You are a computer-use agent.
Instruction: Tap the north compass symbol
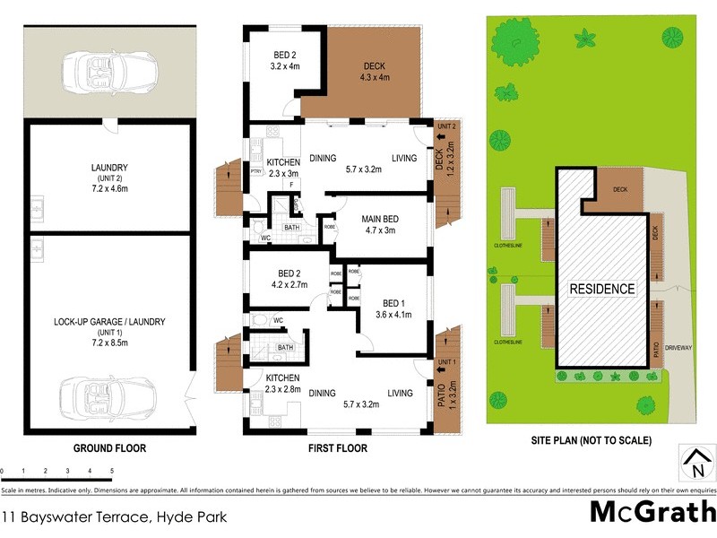coord(695,463)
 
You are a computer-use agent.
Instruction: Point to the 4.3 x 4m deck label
coord(372,71)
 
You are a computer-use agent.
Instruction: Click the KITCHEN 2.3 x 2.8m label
coord(282,386)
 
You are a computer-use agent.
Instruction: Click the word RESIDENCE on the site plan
coord(600,289)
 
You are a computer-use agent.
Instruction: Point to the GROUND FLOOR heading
coord(110,448)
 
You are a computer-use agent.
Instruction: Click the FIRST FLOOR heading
coord(336,448)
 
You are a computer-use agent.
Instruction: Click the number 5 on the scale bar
coord(111,470)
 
